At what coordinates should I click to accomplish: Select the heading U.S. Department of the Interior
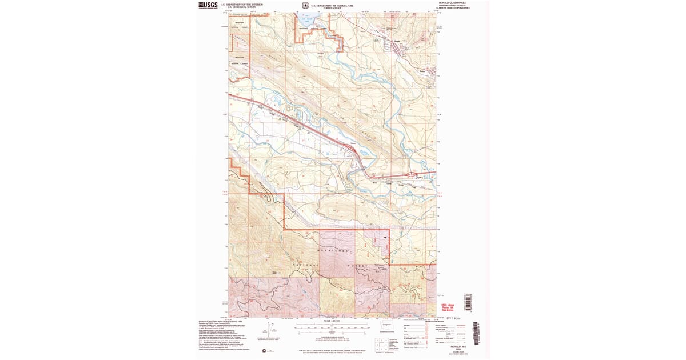[x=238, y=4]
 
